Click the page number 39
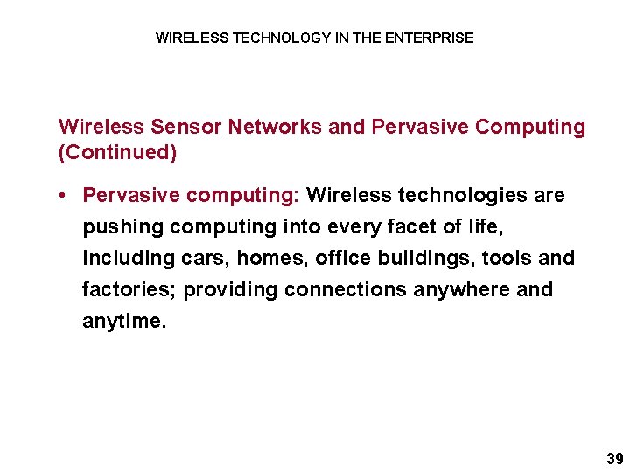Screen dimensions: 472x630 point(614,458)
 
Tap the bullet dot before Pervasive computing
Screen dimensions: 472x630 point(66,195)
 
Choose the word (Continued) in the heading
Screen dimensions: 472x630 point(117,153)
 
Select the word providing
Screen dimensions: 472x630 point(231,290)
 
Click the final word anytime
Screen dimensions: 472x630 point(123,322)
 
